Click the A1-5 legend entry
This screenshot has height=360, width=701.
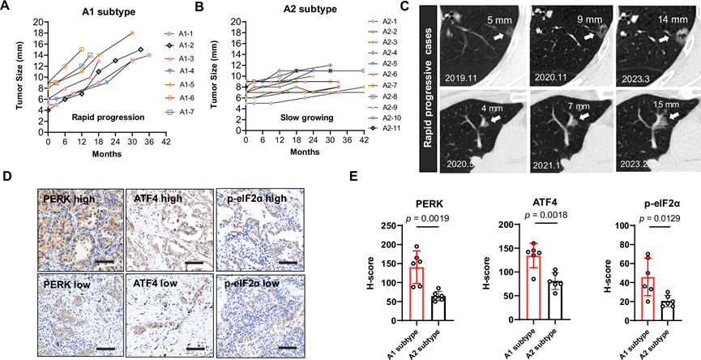click(x=184, y=84)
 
